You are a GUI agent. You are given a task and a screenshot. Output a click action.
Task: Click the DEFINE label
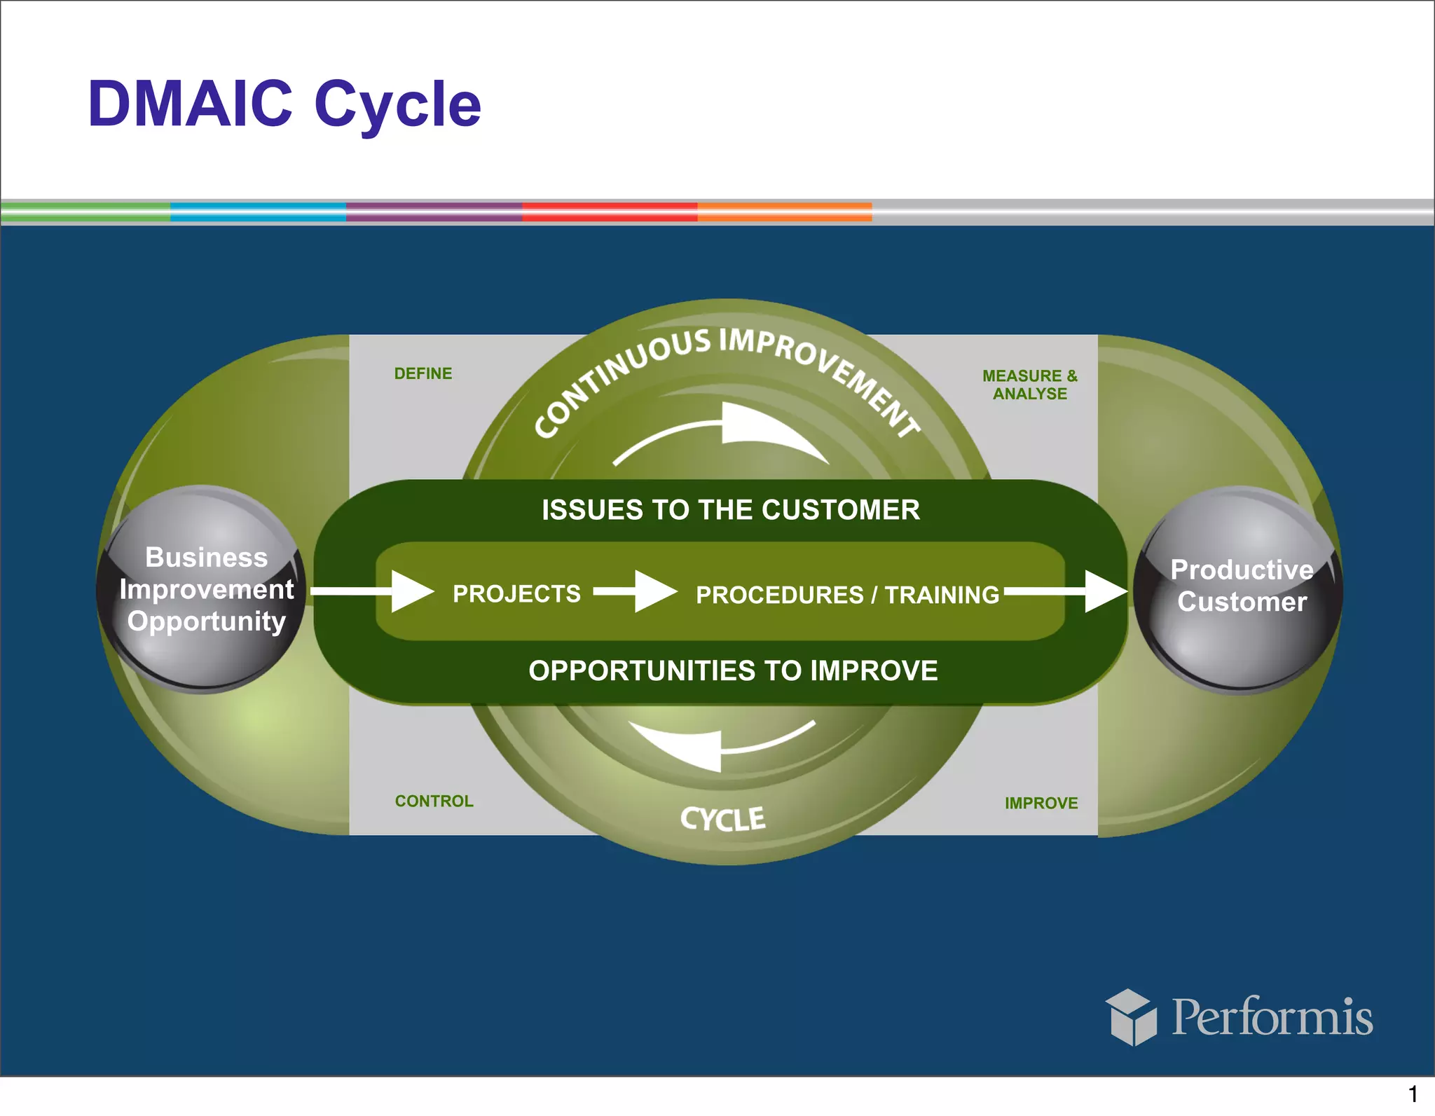(x=423, y=373)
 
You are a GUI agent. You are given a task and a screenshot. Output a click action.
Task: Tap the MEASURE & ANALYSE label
(x=1029, y=385)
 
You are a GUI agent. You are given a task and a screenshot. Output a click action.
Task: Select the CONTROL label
(x=434, y=801)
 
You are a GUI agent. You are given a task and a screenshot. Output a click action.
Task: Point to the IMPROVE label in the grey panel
(x=1041, y=803)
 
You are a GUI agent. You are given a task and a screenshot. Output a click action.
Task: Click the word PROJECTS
(x=516, y=594)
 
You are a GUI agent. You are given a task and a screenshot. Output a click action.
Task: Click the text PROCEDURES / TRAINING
(x=847, y=595)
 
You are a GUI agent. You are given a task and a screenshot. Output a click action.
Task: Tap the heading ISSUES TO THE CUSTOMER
(x=730, y=509)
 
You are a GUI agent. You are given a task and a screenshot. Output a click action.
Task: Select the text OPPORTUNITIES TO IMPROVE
(x=733, y=670)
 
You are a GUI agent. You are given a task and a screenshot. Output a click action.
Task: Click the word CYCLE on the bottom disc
(x=722, y=819)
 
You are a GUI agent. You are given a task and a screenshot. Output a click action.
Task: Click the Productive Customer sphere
(x=1239, y=589)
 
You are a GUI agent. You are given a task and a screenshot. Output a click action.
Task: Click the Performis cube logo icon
(x=1130, y=1017)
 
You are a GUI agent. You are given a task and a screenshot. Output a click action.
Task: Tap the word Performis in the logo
(x=1272, y=1017)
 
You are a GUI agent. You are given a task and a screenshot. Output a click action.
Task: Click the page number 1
(x=1413, y=1094)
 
